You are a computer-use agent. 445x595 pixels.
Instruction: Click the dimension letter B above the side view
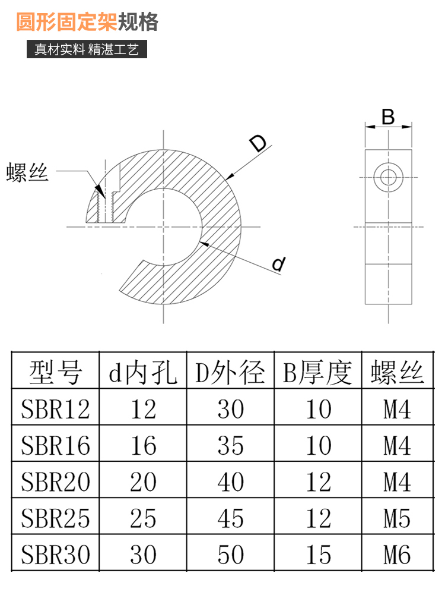388,117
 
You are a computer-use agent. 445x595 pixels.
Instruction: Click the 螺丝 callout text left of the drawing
27,172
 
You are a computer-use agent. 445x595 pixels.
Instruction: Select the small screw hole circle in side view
388,177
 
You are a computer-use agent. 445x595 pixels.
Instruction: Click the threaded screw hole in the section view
105,207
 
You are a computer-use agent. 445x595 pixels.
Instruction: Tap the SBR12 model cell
55,409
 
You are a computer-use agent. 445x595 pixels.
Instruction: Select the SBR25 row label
55,518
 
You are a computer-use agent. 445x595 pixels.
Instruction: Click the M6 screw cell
397,555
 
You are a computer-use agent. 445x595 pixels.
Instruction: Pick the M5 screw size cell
397,518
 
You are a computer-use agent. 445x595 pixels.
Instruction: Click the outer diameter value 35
230,445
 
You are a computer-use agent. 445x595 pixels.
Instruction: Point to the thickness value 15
318,555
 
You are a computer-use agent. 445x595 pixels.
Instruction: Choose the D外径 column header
230,372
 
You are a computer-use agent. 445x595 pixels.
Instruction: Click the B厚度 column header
317,372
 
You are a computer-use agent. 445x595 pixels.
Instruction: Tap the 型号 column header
55,372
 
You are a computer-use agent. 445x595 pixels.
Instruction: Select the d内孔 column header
143,372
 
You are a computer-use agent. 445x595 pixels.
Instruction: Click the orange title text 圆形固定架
66,21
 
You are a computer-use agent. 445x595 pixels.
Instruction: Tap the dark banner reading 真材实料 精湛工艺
87,49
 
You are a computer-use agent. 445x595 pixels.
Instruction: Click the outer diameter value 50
230,555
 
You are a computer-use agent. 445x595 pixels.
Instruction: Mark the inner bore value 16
143,445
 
